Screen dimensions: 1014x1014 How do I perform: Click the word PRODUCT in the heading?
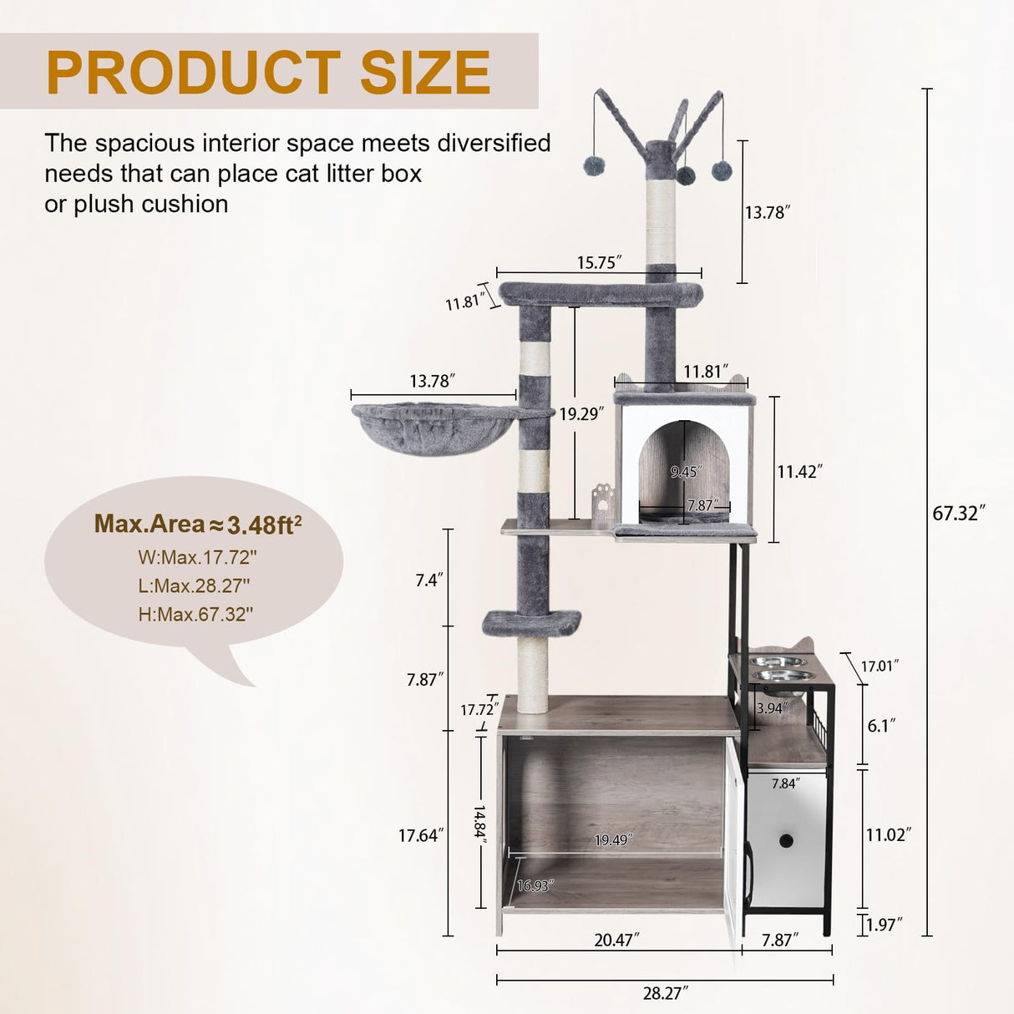click(193, 73)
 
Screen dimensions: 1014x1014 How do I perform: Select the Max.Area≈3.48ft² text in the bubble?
click(198, 524)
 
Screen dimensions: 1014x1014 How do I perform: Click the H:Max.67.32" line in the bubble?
click(195, 614)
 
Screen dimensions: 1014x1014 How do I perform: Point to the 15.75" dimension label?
click(600, 262)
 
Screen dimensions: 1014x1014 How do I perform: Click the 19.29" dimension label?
click(581, 413)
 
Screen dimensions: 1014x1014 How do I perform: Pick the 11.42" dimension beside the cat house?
click(799, 471)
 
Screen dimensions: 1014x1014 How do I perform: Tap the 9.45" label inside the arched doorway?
click(685, 472)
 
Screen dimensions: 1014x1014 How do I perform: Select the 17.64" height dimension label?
click(420, 834)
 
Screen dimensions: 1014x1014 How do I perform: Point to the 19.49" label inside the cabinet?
click(614, 839)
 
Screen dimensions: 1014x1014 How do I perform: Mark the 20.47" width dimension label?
click(616, 940)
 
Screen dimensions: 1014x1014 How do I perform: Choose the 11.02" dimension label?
click(887, 834)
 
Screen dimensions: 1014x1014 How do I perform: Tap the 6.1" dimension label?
click(881, 726)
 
